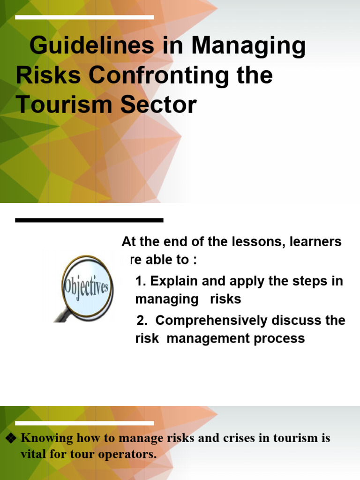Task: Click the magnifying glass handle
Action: pos(62,315)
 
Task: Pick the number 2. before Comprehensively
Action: pos(142,321)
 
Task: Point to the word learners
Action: pos(316,242)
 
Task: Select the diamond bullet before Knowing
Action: pos(11,438)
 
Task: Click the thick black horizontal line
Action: pos(89,220)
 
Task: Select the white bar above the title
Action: pos(84,17)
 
